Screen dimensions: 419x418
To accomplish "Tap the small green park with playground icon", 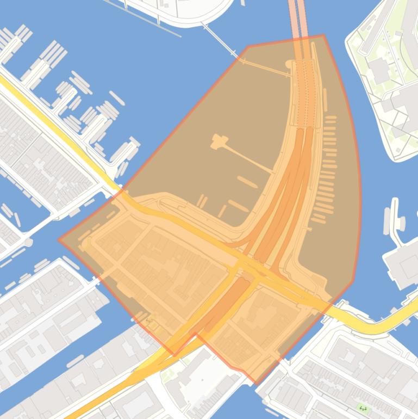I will [x=363, y=408].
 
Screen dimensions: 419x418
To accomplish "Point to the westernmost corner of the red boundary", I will [x=59, y=239].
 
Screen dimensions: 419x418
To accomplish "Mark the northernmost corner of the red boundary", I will [x=323, y=35].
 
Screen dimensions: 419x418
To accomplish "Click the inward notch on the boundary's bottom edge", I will [x=195, y=334].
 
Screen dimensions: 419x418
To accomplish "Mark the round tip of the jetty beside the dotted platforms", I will [x=288, y=64].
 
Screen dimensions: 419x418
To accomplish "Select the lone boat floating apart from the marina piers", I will [x=116, y=97].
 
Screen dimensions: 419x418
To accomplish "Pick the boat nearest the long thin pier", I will [x=247, y=182].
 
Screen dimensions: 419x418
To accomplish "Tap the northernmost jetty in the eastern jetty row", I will [x=330, y=118].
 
